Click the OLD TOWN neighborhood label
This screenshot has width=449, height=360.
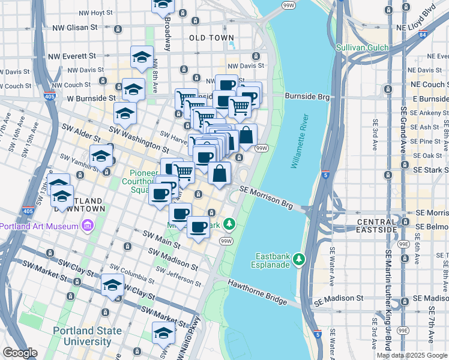click(211, 38)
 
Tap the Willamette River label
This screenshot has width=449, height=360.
click(303, 141)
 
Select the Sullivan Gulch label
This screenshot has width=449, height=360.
click(363, 47)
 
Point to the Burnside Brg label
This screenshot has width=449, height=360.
click(307, 96)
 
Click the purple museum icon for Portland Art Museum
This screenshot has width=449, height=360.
click(88, 226)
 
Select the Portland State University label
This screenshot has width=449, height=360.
click(82, 336)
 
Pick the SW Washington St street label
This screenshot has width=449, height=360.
click(139, 137)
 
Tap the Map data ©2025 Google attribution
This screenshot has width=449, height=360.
click(412, 355)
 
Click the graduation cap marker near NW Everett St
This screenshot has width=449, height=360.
click(142, 57)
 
